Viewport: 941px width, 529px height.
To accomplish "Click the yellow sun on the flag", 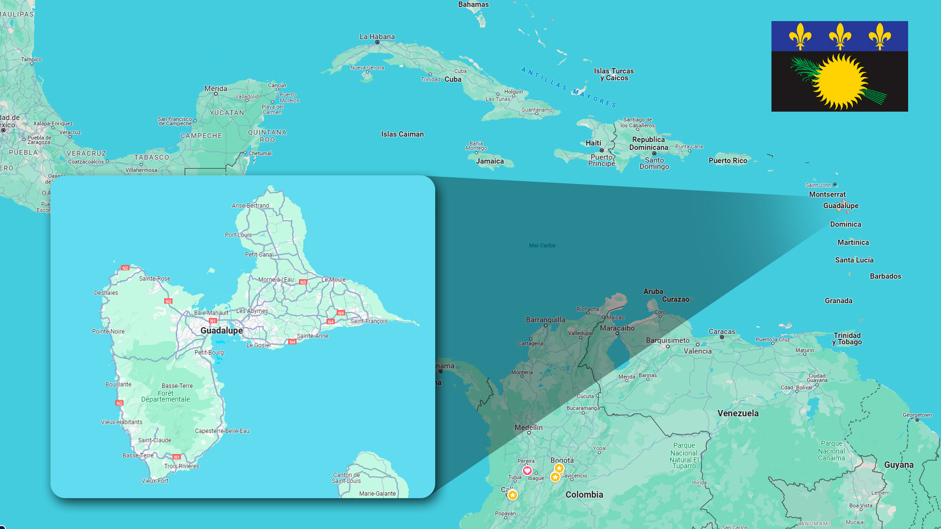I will pos(840,81).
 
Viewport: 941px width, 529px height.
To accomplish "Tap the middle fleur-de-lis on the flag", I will pos(840,36).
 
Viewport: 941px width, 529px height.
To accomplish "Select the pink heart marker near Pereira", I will pos(527,471).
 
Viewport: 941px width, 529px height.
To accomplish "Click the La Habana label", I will pos(377,37).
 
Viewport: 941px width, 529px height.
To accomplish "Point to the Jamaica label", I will pos(490,161).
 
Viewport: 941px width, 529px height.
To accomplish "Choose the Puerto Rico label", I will pos(728,161).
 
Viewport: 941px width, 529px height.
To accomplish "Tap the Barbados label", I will pos(885,276).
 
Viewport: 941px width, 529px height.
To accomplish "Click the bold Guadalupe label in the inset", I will pos(222,331).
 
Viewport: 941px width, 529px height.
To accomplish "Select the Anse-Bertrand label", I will pos(250,206).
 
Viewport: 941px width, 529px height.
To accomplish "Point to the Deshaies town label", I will pos(106,293).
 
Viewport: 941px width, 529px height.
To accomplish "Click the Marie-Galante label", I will pos(377,494).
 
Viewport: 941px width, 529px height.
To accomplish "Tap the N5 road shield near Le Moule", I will pos(303,282).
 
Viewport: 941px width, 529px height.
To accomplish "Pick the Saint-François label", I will pos(369,321).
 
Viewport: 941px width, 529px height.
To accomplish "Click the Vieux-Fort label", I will pos(155,481).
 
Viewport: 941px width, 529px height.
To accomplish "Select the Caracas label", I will pos(721,332).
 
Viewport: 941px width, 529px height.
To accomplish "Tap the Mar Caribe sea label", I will pos(542,245).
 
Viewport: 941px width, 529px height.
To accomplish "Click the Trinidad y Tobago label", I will pos(847,338).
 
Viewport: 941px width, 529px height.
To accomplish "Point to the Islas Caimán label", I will pos(402,134).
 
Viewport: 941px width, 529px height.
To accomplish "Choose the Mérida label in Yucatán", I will pos(216,89).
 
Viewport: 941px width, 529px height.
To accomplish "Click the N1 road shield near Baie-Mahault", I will pos(213,321).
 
